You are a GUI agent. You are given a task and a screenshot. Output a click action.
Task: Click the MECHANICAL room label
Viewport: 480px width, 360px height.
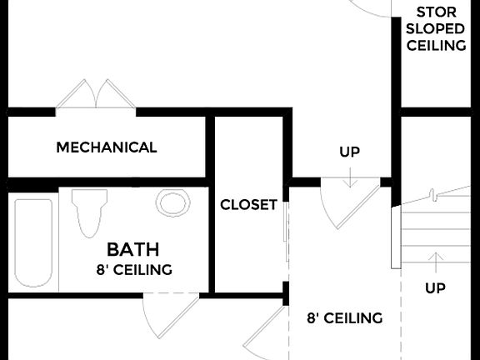[x=106, y=147]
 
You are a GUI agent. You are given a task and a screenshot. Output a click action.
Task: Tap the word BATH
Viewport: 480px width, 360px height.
[x=133, y=249]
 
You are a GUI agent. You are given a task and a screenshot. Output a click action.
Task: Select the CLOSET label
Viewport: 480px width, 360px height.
[x=248, y=205]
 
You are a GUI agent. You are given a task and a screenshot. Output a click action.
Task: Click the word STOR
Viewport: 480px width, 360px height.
[x=435, y=12]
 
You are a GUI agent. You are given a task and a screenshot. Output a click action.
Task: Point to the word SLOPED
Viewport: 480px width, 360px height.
[x=435, y=28]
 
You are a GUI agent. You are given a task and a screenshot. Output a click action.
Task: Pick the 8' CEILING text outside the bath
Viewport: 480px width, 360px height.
[x=344, y=317]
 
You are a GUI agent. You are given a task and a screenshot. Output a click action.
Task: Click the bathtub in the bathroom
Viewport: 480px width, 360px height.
[x=33, y=242]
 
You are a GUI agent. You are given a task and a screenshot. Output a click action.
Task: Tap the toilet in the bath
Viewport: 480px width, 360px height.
[x=89, y=212]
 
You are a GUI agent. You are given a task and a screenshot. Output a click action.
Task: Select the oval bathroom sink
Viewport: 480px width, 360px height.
[x=172, y=202]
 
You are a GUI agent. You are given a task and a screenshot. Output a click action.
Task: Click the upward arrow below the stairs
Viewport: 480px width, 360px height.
[x=435, y=261]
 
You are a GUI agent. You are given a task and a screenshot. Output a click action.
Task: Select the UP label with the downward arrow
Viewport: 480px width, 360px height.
[x=350, y=152]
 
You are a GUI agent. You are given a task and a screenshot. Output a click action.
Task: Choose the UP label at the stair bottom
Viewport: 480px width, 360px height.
[x=435, y=288]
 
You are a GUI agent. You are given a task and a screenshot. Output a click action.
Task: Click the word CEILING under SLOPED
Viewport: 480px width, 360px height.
[x=435, y=45]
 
